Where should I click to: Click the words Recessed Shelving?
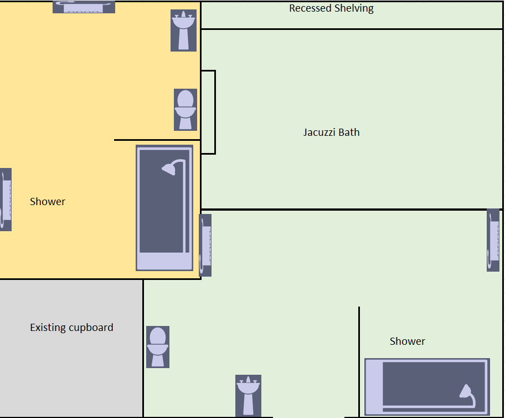click(331, 8)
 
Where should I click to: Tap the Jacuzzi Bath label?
click(331, 132)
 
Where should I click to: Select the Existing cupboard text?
click(71, 328)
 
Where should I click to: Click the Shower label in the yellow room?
click(48, 202)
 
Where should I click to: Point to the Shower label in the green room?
click(407, 341)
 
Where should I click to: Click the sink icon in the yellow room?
click(183, 30)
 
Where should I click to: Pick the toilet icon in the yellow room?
click(185, 110)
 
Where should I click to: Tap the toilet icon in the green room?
click(157, 347)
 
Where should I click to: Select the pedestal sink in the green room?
click(248, 396)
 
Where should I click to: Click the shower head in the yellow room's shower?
click(169, 169)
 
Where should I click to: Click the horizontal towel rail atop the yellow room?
click(84, 7)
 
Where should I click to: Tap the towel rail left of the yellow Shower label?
click(6, 200)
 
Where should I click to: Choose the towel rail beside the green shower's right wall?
click(493, 240)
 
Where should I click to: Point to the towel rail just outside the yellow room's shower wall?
click(205, 245)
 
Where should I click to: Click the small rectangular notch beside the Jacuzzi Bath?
click(208, 112)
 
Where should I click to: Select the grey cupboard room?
click(71, 348)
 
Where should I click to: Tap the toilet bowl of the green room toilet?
click(157, 350)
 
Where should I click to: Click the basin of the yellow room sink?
click(183, 21)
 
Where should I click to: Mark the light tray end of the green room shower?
click(374, 386)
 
